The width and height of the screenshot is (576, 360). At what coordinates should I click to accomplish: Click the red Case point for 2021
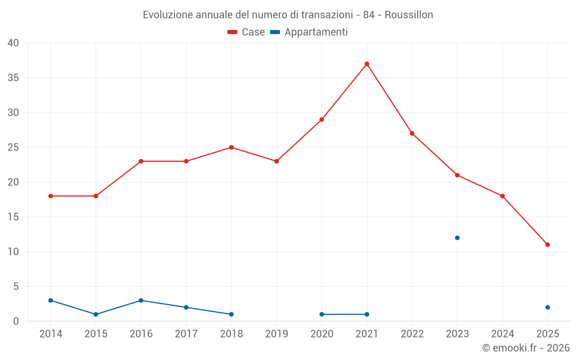pos(367,64)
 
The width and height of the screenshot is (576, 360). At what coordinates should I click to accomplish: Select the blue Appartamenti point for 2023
pos(457,238)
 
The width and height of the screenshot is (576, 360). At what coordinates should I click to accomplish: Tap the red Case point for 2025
pos(548,245)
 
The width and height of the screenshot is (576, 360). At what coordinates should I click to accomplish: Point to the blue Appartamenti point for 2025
pos(548,308)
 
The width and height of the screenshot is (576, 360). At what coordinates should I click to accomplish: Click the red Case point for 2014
pos(51,196)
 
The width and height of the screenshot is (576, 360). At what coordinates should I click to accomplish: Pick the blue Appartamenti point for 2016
pos(141,301)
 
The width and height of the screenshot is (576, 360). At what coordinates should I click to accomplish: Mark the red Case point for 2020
pos(322,120)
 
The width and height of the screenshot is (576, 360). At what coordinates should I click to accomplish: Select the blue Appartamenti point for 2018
pos(232,314)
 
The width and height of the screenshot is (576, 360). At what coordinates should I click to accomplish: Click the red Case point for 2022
pos(412,134)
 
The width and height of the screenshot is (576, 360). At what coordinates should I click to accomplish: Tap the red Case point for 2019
pos(276,161)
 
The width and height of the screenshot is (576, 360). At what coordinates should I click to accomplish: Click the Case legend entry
pos(247,32)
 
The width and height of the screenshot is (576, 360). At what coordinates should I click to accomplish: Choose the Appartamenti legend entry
pos(309,32)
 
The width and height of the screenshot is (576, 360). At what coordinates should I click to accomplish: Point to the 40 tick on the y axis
pos(13,43)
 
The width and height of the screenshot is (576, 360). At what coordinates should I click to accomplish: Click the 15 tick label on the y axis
pos(13,217)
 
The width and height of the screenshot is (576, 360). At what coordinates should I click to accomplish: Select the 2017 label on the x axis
pos(186,334)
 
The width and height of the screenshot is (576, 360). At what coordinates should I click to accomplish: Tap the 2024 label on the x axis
pos(502,334)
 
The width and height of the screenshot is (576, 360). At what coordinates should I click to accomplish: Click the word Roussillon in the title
pos(408,15)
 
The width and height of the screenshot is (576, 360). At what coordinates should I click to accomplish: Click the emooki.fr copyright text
pos(526,348)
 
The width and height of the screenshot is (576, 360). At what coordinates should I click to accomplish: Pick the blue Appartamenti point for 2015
pos(96,314)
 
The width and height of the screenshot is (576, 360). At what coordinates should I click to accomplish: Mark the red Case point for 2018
pos(232,147)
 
